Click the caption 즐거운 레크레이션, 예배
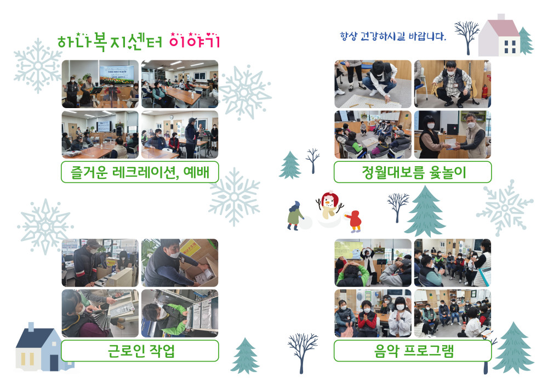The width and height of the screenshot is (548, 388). pos(140,172)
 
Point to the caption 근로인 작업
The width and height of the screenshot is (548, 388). pos(141,351)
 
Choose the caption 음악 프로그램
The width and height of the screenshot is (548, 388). pos(414,351)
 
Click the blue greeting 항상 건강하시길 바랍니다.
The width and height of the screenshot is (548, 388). pos(393,36)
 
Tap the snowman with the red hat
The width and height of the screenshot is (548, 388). pos(329,206)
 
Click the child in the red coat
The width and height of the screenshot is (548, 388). pos(355,222)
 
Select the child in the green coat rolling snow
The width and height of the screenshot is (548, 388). pos(295,216)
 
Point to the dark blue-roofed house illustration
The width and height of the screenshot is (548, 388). pos(39,347)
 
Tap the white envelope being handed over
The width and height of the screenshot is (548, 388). pos(450,143)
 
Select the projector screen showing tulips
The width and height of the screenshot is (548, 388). pos(116,75)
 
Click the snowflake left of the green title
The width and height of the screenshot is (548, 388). pos(38,66)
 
